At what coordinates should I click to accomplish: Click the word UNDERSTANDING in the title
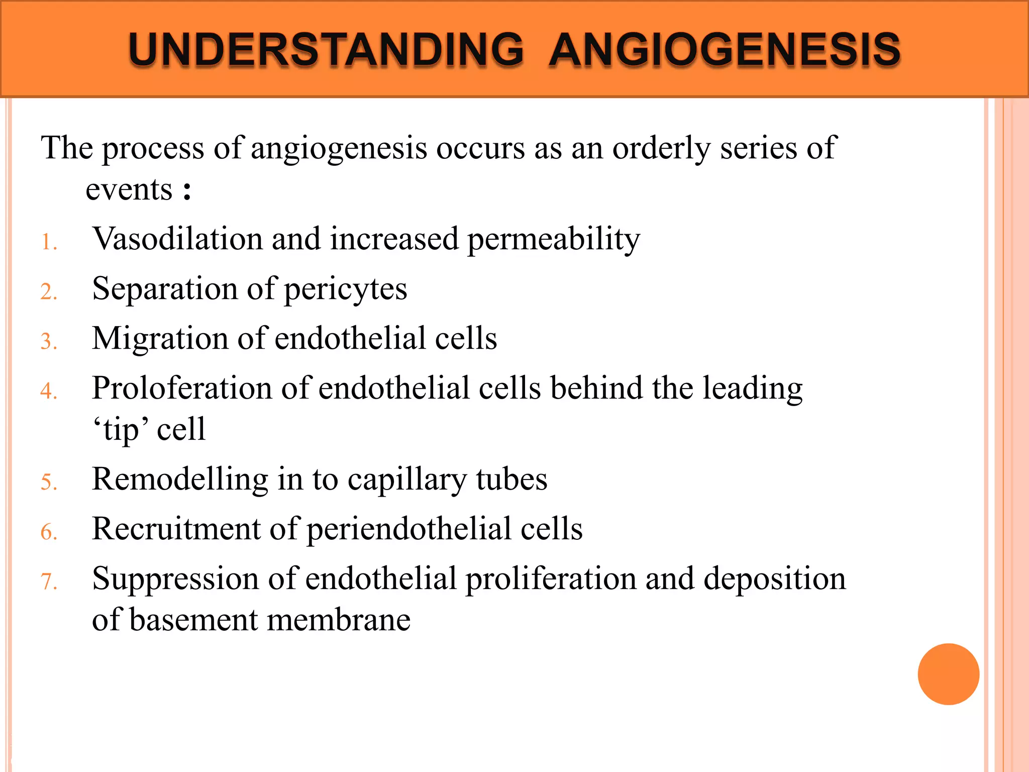pyautogui.click(x=326, y=50)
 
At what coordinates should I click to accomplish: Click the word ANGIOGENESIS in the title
pyautogui.click(x=725, y=50)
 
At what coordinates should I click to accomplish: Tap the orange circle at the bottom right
pyautogui.click(x=948, y=674)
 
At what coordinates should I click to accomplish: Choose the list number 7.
pyautogui.click(x=49, y=582)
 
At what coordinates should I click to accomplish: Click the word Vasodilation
pyautogui.click(x=177, y=239)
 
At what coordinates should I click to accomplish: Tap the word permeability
pyautogui.click(x=554, y=240)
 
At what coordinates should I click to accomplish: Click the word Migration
pyautogui.click(x=160, y=338)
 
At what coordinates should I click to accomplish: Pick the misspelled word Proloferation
pyautogui.click(x=181, y=389)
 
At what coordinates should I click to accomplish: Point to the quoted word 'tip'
pyautogui.click(x=121, y=430)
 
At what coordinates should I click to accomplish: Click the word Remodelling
pyautogui.click(x=180, y=479)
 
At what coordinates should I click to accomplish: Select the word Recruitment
pyautogui.click(x=176, y=529)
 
